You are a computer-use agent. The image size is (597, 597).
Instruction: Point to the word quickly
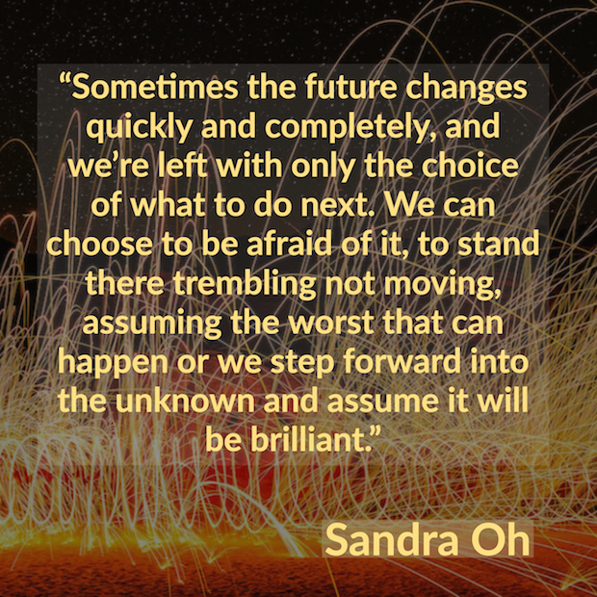coord(139,129)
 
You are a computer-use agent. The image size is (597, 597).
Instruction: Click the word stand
coord(498,244)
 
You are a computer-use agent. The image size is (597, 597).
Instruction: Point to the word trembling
coord(246,285)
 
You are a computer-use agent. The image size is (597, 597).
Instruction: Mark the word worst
coord(330,324)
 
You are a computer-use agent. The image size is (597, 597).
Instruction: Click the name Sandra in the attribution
coord(392,539)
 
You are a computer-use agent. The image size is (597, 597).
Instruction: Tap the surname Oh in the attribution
coord(501,539)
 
